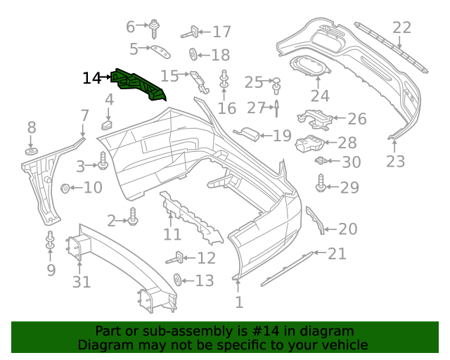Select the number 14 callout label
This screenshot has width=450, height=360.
tap(92, 78)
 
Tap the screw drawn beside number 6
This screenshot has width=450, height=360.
tap(154, 29)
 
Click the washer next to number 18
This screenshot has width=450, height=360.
tap(192, 54)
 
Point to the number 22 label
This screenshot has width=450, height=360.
tap(401, 27)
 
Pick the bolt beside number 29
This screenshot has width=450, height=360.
tap(321, 186)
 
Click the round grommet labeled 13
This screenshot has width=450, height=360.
tap(177, 280)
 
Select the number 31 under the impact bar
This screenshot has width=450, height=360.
tap(82, 282)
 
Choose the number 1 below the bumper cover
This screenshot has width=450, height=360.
tap(239, 302)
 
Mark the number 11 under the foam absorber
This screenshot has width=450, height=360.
tap(172, 234)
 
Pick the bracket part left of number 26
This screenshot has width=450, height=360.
tap(314, 120)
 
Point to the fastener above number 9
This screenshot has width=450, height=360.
tap(50, 240)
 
